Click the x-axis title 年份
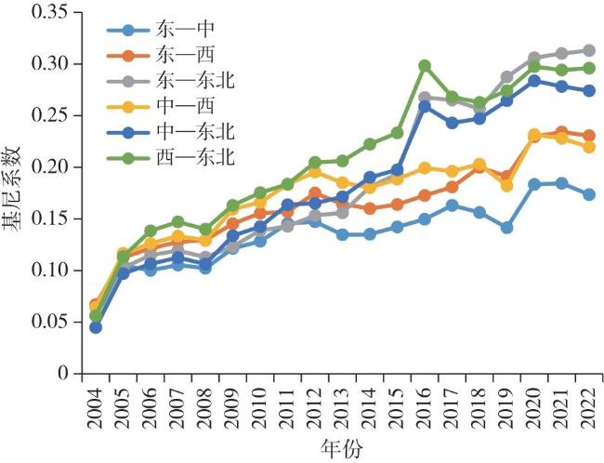[342, 447]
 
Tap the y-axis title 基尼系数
[16, 193]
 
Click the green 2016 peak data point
[425, 66]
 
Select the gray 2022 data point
[588, 50]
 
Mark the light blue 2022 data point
[588, 194]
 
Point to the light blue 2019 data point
[506, 227]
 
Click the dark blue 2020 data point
[533, 81]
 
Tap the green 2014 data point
[370, 144]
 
